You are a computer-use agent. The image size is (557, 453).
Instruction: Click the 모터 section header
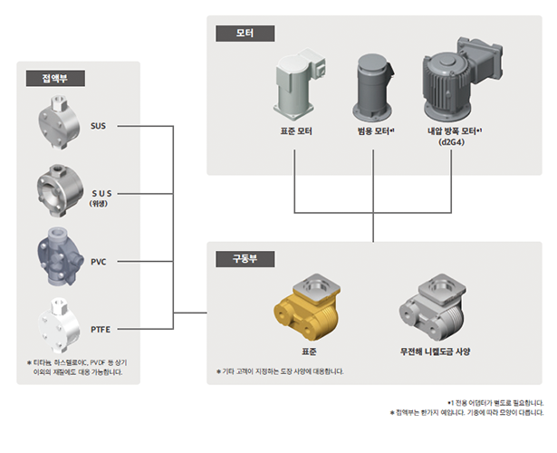[245, 34]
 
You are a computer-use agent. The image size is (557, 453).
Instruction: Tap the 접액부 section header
[55, 78]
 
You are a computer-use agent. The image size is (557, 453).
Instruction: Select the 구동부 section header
[245, 259]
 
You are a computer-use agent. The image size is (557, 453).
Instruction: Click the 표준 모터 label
[296, 131]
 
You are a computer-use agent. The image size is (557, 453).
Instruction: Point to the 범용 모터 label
[374, 131]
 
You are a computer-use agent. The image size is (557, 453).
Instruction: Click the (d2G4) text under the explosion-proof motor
[452, 142]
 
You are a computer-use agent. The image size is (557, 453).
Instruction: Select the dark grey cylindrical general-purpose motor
[373, 88]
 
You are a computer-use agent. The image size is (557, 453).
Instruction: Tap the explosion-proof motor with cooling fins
[462, 79]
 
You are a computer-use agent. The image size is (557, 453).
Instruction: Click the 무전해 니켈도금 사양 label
[435, 352]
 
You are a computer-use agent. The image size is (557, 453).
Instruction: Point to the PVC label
[99, 262]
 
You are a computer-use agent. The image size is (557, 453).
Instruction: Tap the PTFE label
[101, 330]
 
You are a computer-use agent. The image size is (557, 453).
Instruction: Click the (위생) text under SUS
[98, 204]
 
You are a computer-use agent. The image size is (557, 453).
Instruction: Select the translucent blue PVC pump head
[60, 257]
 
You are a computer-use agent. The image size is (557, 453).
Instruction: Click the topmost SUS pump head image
[58, 122]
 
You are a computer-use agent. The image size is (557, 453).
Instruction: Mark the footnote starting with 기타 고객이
[280, 371]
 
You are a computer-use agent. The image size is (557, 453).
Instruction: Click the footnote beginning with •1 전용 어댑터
[495, 403]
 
